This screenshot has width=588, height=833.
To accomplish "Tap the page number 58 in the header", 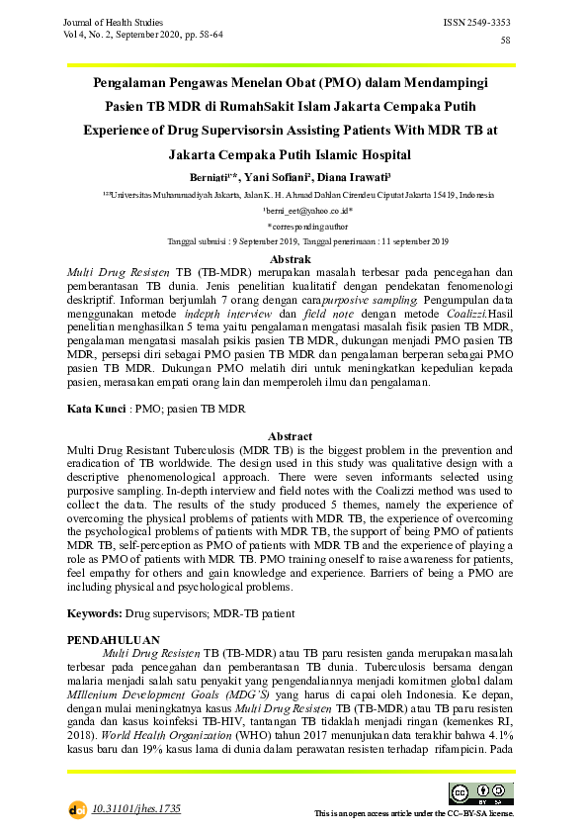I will pyautogui.click(x=506, y=40).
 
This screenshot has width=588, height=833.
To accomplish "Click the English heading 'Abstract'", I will pyautogui.click(x=291, y=436).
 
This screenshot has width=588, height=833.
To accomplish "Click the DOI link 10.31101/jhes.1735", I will pyautogui.click(x=136, y=808).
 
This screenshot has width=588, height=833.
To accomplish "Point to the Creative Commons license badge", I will pyautogui.click(x=472, y=792).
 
